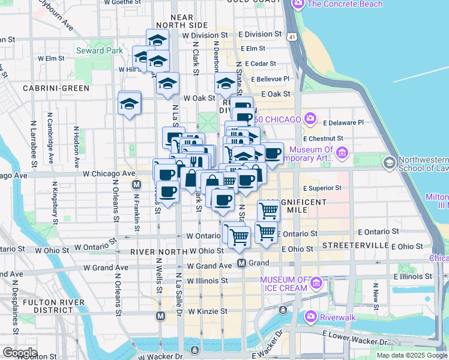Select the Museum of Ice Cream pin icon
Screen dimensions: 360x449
click(x=316, y=281)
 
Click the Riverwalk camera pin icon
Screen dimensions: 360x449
click(x=310, y=316)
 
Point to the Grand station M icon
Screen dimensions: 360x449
click(x=241, y=263)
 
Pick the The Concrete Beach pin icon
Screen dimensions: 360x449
click(x=298, y=4)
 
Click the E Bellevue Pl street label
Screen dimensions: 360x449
click(x=270, y=79)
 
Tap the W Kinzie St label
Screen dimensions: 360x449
click(x=208, y=311)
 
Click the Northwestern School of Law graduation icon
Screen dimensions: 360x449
click(x=390, y=163)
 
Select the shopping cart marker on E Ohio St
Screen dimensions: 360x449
click(x=265, y=232)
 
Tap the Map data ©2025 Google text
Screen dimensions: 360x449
click(x=412, y=355)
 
